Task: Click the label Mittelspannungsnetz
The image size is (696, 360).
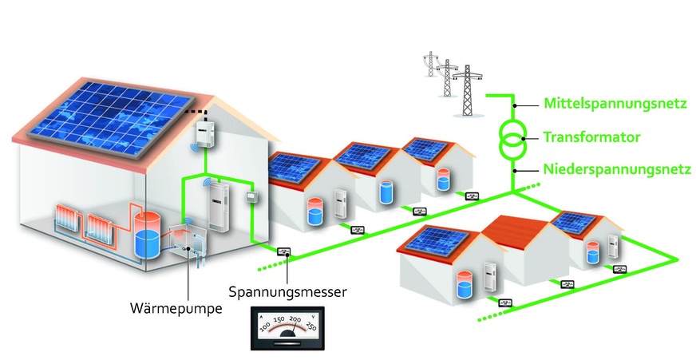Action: pyautogui.click(x=615, y=105)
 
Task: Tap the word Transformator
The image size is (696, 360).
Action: pyautogui.click(x=591, y=137)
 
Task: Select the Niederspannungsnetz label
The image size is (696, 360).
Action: pyautogui.click(x=617, y=169)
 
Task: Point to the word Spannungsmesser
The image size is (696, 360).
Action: pyautogui.click(x=287, y=292)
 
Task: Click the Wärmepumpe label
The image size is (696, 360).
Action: pyautogui.click(x=176, y=308)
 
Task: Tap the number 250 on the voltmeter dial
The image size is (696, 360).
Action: pyautogui.click(x=310, y=326)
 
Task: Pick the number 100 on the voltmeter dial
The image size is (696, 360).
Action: pyautogui.click(x=264, y=327)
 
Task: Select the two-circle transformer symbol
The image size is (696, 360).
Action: pyautogui.click(x=513, y=140)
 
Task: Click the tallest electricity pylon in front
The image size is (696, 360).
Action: pyautogui.click(x=467, y=90)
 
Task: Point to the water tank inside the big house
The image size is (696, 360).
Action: pyautogui.click(x=148, y=239)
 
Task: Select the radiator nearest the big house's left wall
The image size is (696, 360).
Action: pyautogui.click(x=67, y=217)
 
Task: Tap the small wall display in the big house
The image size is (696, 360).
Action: pyautogui.click(x=252, y=196)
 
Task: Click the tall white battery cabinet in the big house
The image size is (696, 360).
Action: pyautogui.click(x=219, y=208)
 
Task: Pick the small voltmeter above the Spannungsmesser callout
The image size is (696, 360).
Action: pyautogui.click(x=284, y=252)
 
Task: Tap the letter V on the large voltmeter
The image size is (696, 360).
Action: pyautogui.click(x=314, y=317)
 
